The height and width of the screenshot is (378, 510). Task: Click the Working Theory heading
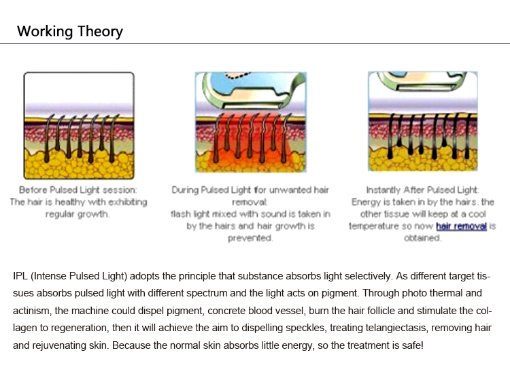(x=70, y=31)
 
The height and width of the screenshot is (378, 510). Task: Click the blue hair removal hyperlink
(x=461, y=226)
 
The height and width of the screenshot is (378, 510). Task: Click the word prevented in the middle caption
(x=250, y=238)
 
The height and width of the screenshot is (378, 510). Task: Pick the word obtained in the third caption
(x=422, y=238)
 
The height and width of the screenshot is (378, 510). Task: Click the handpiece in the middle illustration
(x=252, y=89)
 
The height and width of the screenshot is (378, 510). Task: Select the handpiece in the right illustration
(x=422, y=82)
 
